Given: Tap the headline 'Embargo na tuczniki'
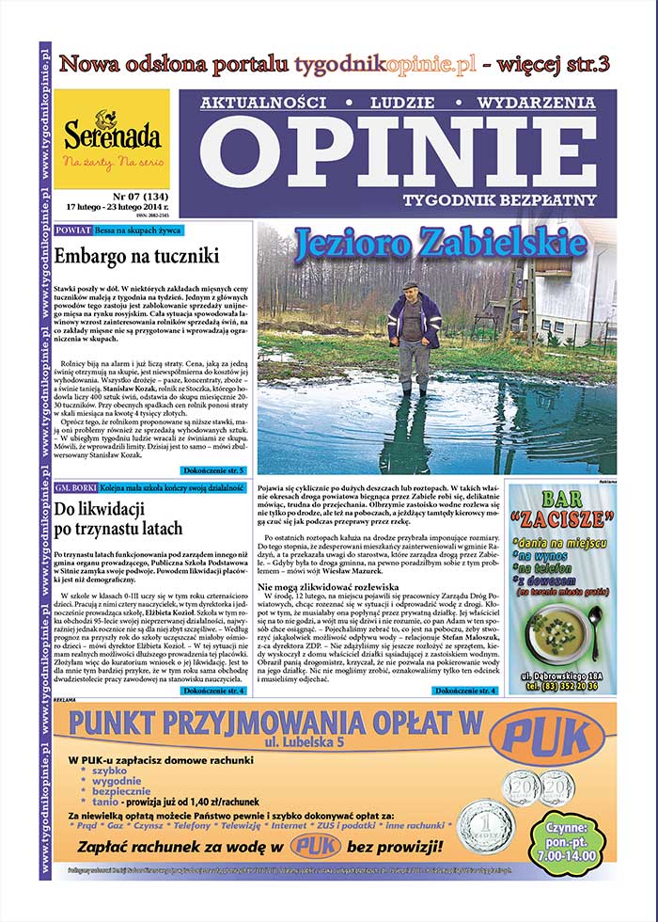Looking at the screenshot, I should (136, 255).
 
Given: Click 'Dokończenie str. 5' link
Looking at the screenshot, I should (214, 469).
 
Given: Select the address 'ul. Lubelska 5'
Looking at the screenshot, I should (288, 742).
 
